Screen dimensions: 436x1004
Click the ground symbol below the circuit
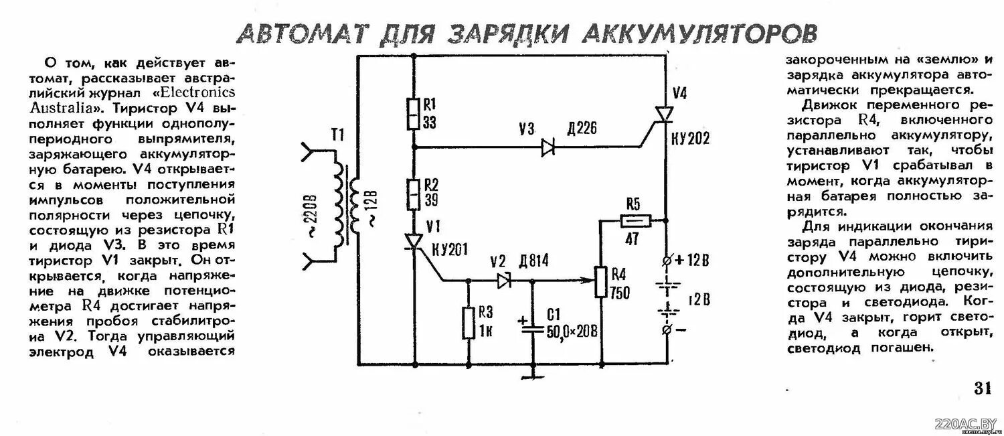click(533, 376)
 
